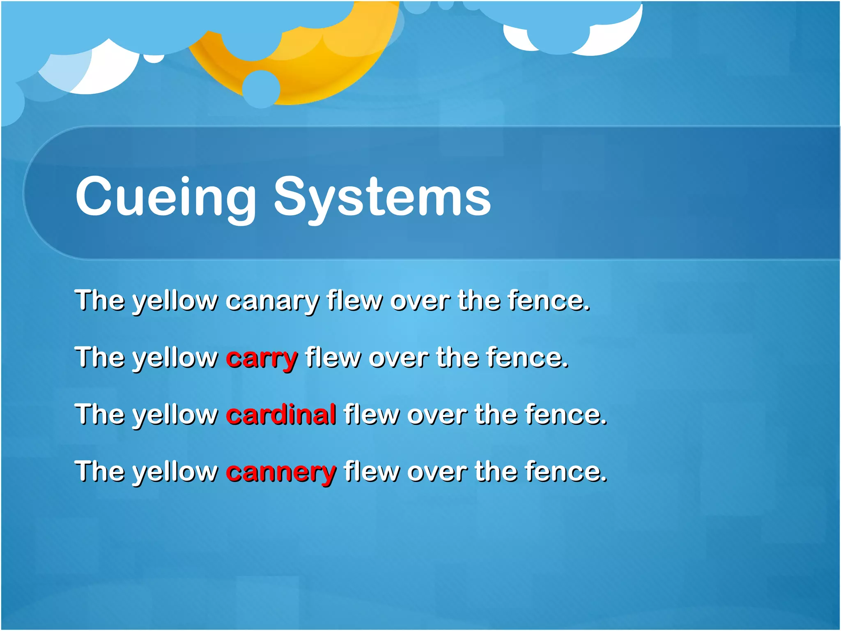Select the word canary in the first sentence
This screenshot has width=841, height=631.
(x=272, y=301)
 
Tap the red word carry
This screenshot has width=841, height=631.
(x=262, y=358)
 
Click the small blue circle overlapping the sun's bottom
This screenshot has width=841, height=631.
(x=261, y=89)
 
